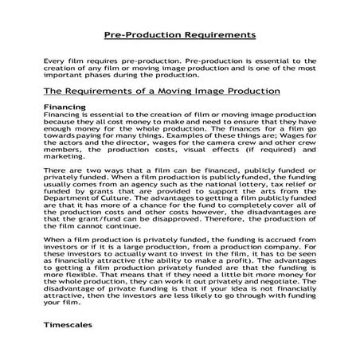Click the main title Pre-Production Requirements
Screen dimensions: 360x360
[180, 35]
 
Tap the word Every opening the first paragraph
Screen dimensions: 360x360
[56, 59]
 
